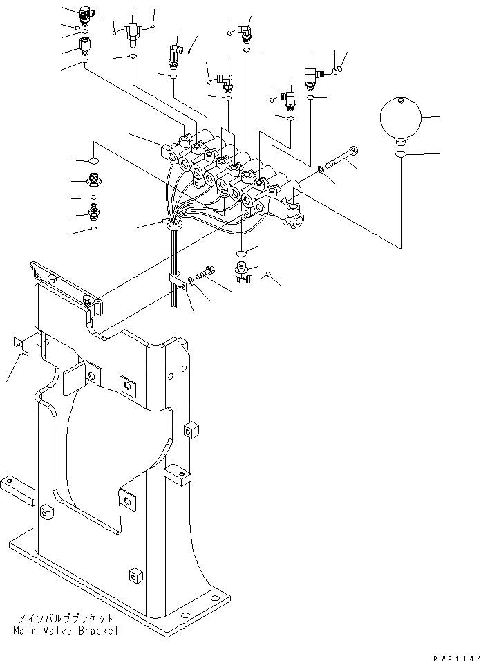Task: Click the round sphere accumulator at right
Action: coord(399,119)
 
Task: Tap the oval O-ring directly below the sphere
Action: coord(400,153)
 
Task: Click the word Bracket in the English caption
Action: coord(96,631)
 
